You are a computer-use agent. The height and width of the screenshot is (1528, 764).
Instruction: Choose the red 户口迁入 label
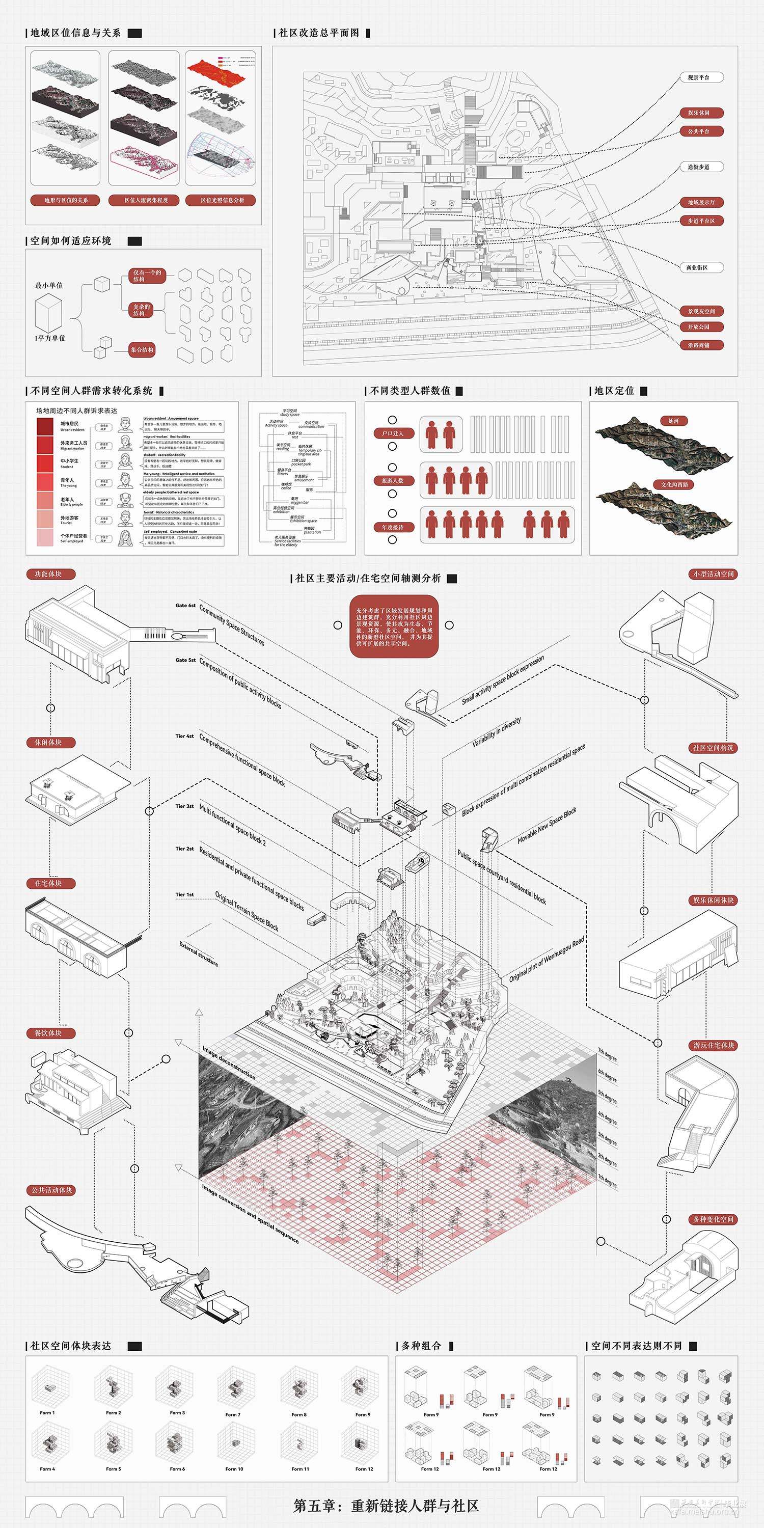click(393, 433)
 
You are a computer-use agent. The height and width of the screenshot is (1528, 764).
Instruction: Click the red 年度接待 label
click(393, 527)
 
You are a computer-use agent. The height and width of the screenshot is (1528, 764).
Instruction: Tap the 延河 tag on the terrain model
click(673, 421)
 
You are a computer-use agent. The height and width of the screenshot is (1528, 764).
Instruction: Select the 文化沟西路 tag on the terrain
click(675, 484)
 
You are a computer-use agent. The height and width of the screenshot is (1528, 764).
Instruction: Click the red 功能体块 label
click(48, 574)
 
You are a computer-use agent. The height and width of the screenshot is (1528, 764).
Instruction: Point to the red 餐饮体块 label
click(48, 1033)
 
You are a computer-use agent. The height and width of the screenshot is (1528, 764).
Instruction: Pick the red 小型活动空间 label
click(714, 574)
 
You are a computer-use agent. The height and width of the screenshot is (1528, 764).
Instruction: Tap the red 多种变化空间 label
click(714, 1219)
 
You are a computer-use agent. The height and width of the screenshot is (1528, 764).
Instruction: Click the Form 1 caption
click(47, 1413)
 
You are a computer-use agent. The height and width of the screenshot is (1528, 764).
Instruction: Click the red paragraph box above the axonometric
click(394, 626)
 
